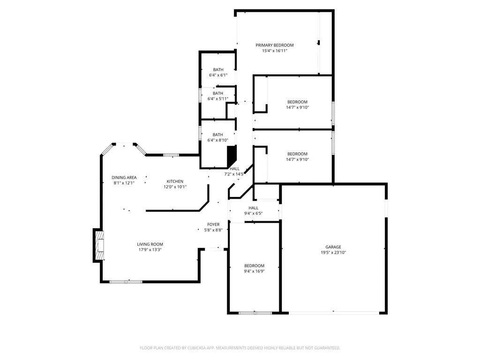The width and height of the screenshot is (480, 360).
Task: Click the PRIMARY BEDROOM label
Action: coord(274,45)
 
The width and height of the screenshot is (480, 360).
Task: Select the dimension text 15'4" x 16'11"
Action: coord(274,51)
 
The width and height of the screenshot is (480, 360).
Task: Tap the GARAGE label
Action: coord(333,247)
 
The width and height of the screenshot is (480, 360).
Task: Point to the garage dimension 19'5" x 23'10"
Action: coord(333,253)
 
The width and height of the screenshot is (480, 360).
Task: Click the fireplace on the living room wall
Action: coord(99,245)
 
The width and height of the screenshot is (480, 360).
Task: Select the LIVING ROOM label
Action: coord(150,244)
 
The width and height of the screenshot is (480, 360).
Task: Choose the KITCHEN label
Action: coord(175,181)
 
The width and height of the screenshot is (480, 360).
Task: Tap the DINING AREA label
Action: coord(124,177)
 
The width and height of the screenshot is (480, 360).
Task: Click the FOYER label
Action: coord(213,225)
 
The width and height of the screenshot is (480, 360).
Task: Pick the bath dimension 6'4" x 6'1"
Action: coord(218,75)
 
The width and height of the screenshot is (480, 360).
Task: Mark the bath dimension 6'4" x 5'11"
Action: coord(218,98)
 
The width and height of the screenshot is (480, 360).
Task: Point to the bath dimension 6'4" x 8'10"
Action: coord(218,140)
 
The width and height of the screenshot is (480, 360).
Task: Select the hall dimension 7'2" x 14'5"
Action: coord(234,174)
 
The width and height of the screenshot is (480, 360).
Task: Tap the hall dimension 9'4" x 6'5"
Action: coord(253,213)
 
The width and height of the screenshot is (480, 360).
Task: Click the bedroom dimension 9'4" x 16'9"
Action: coord(254,271)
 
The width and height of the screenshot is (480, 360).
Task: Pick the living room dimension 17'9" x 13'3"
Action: coord(150,250)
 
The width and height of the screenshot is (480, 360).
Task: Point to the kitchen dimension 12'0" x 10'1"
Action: coord(175,187)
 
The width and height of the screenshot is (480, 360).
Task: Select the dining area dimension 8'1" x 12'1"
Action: coord(124,183)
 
